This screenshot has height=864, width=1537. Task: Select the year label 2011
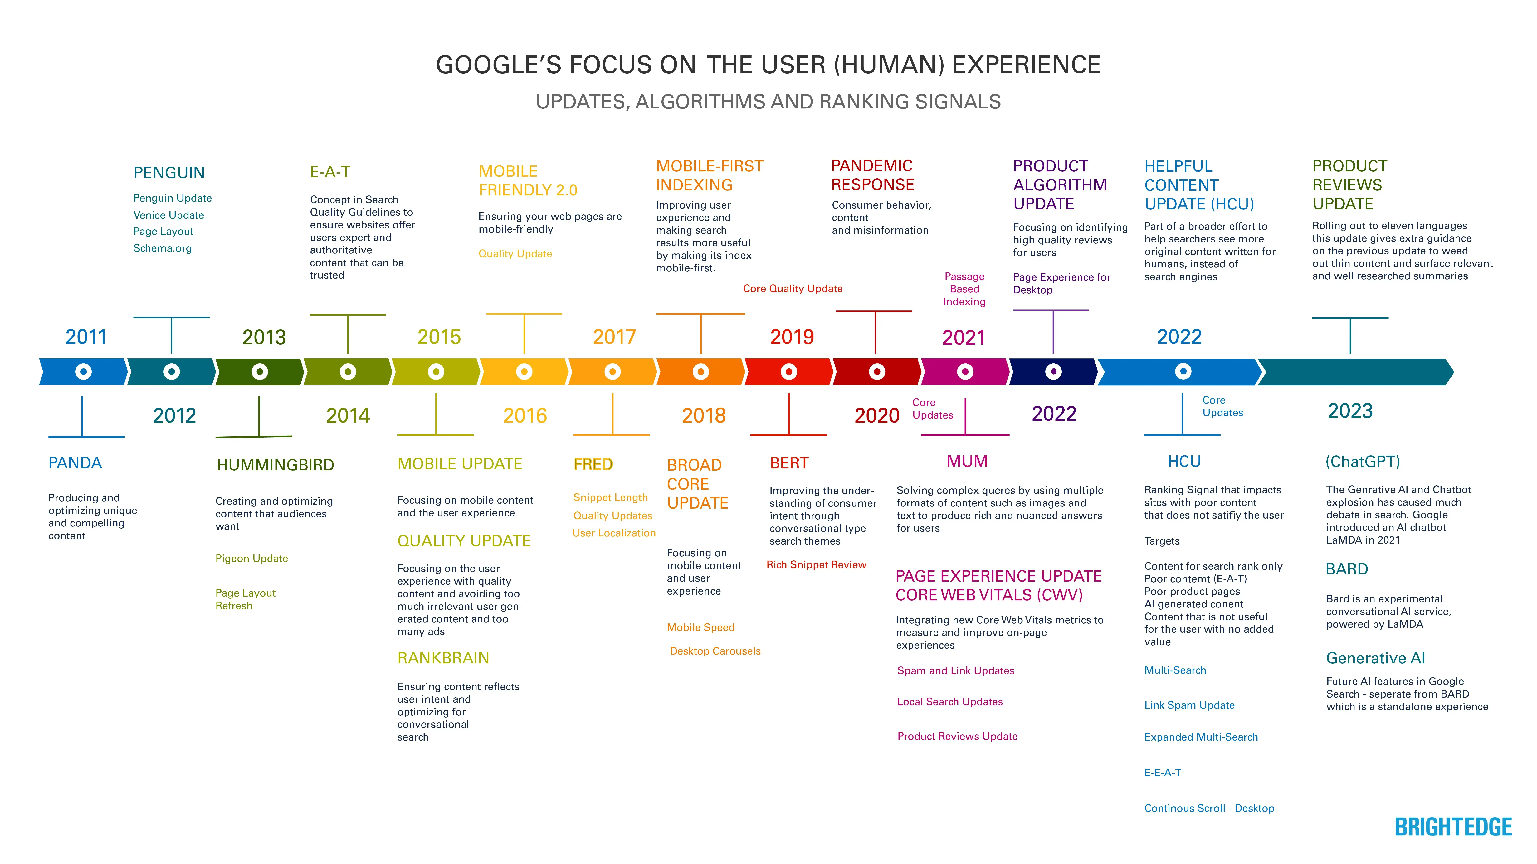[x=86, y=337]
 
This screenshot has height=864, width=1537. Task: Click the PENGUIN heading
[x=169, y=173]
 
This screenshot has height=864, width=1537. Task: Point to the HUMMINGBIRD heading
[x=275, y=465]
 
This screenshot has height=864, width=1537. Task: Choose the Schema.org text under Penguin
[x=162, y=248]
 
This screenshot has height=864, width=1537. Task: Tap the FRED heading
[x=593, y=464]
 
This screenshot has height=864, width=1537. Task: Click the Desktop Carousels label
[x=715, y=651]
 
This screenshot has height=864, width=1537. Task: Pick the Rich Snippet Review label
[x=816, y=565]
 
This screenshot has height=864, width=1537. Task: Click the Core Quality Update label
[x=792, y=289]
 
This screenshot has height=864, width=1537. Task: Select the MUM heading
[x=967, y=462]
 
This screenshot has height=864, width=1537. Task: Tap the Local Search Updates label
[x=949, y=702]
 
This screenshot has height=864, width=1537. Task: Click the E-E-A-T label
[x=1162, y=773]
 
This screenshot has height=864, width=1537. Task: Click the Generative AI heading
[x=1375, y=658]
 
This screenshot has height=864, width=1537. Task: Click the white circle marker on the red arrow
[x=789, y=372]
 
